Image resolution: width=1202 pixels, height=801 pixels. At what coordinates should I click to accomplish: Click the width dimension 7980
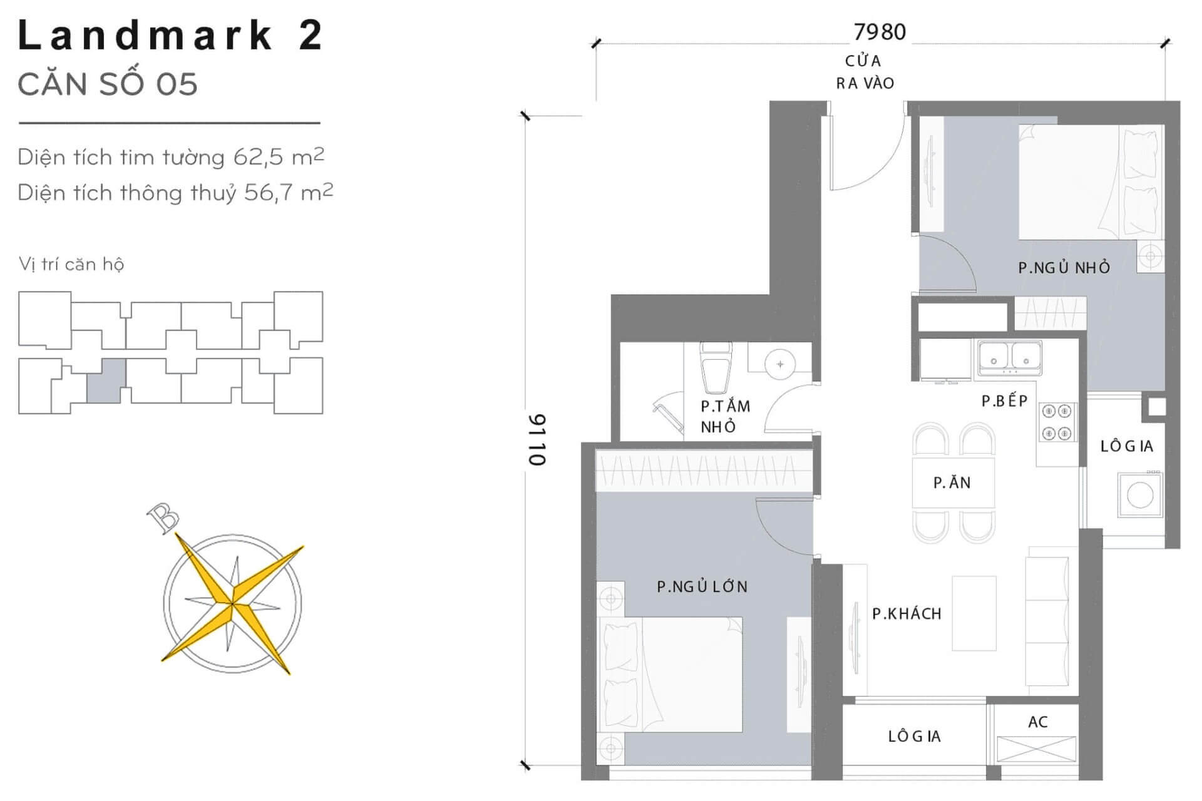pyautogui.click(x=880, y=31)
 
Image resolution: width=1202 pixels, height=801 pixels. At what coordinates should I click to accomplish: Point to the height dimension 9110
pyautogui.click(x=537, y=440)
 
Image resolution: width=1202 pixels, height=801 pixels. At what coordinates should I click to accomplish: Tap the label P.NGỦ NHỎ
pyautogui.click(x=1064, y=267)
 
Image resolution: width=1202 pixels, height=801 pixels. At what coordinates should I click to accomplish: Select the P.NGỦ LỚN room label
pyautogui.click(x=702, y=586)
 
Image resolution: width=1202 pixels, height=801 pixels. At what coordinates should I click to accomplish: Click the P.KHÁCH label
pyautogui.click(x=907, y=613)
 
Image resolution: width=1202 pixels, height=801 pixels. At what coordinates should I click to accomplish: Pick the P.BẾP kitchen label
pyautogui.click(x=1005, y=400)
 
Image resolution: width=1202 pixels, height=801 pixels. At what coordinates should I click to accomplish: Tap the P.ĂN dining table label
pyautogui.click(x=952, y=482)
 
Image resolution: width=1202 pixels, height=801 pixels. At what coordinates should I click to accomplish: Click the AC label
pyautogui.click(x=1037, y=722)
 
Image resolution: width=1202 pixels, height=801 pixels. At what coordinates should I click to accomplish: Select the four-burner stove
pyautogui.click(x=1057, y=422)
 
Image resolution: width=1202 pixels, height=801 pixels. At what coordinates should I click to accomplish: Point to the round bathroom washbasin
pyautogui.click(x=779, y=364)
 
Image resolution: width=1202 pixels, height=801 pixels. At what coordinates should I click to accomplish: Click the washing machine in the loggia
pyautogui.click(x=1140, y=495)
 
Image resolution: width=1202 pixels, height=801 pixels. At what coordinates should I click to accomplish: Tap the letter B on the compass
pyautogui.click(x=163, y=519)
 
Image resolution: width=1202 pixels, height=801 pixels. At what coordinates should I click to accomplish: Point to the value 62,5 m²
pyautogui.click(x=279, y=156)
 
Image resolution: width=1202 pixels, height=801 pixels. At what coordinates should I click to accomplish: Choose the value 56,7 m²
pyautogui.click(x=289, y=192)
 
